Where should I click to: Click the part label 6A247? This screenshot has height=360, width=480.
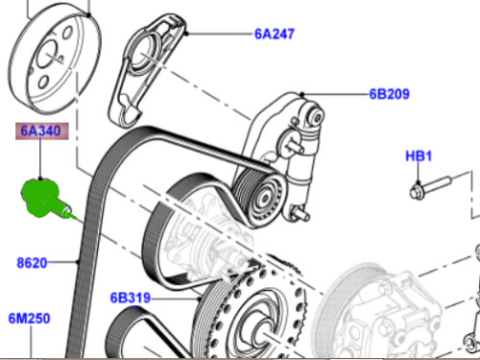click(275, 34)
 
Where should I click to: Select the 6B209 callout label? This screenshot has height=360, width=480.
click(389, 94)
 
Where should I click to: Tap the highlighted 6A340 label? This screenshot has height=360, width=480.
click(42, 132)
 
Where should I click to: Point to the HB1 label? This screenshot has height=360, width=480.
click(419, 156)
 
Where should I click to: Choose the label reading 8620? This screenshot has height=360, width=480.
click(32, 263)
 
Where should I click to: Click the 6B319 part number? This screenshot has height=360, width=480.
click(131, 298)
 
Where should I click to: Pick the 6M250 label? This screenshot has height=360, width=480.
click(30, 319)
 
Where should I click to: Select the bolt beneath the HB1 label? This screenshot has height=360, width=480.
click(430, 187)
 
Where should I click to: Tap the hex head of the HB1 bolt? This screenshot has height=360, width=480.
click(416, 193)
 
